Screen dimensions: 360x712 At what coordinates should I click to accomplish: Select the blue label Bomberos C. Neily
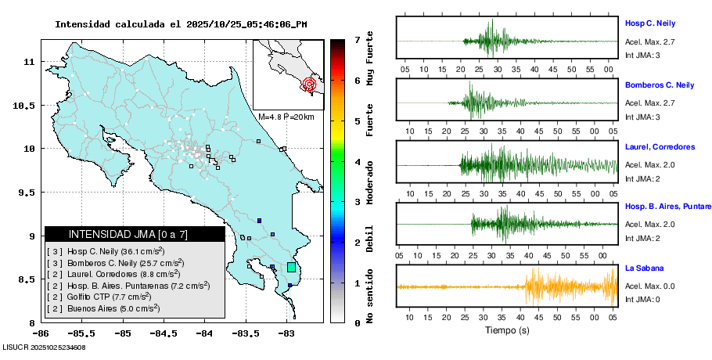click(659, 85)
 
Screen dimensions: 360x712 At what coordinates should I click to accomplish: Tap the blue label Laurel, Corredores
click(660, 147)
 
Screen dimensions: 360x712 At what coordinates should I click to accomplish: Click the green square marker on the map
click(291, 267)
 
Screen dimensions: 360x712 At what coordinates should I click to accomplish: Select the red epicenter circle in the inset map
click(309, 83)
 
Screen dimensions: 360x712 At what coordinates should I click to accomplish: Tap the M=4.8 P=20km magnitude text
click(286, 117)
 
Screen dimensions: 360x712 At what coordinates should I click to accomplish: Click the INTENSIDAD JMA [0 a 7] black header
click(135, 234)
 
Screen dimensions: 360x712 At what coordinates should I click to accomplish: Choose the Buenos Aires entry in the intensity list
click(102, 308)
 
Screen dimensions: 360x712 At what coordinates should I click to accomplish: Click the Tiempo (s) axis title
click(506, 330)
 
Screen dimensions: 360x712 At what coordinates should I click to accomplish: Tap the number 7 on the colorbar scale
click(357, 39)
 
